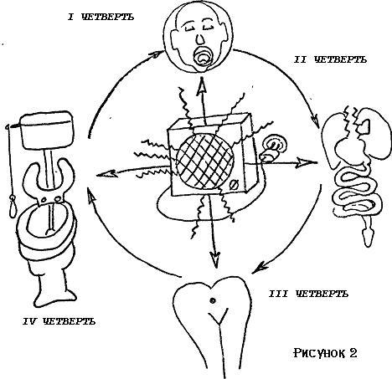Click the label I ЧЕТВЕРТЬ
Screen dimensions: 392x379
click(101, 18)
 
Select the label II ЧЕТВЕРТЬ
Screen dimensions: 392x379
click(330, 59)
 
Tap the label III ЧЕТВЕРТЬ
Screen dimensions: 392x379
click(308, 294)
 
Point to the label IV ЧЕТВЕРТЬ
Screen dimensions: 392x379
click(59, 321)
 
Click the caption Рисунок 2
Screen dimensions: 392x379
click(325, 353)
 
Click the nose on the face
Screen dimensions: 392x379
click(200, 39)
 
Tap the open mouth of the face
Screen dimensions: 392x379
click(203, 57)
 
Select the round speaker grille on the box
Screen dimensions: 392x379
click(205, 161)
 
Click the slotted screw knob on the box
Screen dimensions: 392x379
click(233, 185)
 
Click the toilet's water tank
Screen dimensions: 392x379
click(46, 130)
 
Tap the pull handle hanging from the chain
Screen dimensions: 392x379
click(13, 207)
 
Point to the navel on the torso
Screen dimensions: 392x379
click(212, 300)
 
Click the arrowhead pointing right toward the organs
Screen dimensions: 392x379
click(307, 162)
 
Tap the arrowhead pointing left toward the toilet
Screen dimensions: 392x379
click(106, 174)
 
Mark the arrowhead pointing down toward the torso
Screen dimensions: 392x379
click(214, 259)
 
